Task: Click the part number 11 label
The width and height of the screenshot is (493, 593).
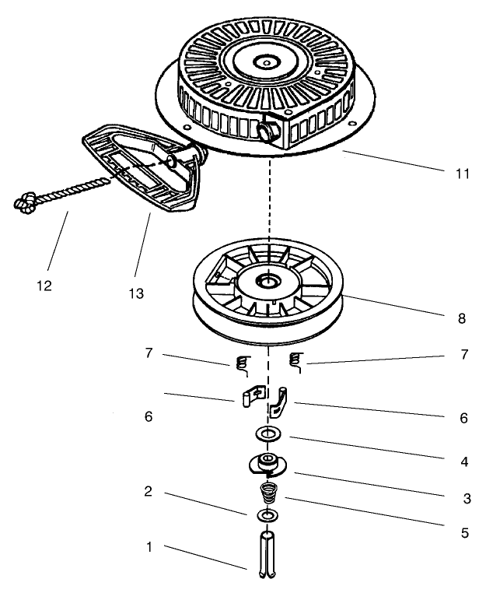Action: tap(463, 174)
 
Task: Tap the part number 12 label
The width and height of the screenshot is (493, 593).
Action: tap(44, 286)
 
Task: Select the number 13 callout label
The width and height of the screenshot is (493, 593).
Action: tap(136, 293)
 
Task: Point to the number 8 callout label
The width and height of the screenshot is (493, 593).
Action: tap(462, 318)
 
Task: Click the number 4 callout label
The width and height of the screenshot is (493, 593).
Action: tap(464, 461)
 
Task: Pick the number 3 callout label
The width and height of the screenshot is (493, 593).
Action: tap(467, 499)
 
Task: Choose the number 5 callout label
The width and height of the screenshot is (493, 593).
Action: tap(465, 533)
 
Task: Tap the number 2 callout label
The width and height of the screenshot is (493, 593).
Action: tap(148, 491)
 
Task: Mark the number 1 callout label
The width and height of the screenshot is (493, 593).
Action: tap(149, 547)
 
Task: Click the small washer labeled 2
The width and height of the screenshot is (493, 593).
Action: tap(267, 515)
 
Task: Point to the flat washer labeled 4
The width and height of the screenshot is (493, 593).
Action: tap(267, 433)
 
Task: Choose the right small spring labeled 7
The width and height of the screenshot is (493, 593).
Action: tap(295, 363)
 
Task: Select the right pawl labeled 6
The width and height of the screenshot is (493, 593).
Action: tap(279, 403)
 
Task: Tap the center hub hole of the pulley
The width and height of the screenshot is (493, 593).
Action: tap(267, 281)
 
